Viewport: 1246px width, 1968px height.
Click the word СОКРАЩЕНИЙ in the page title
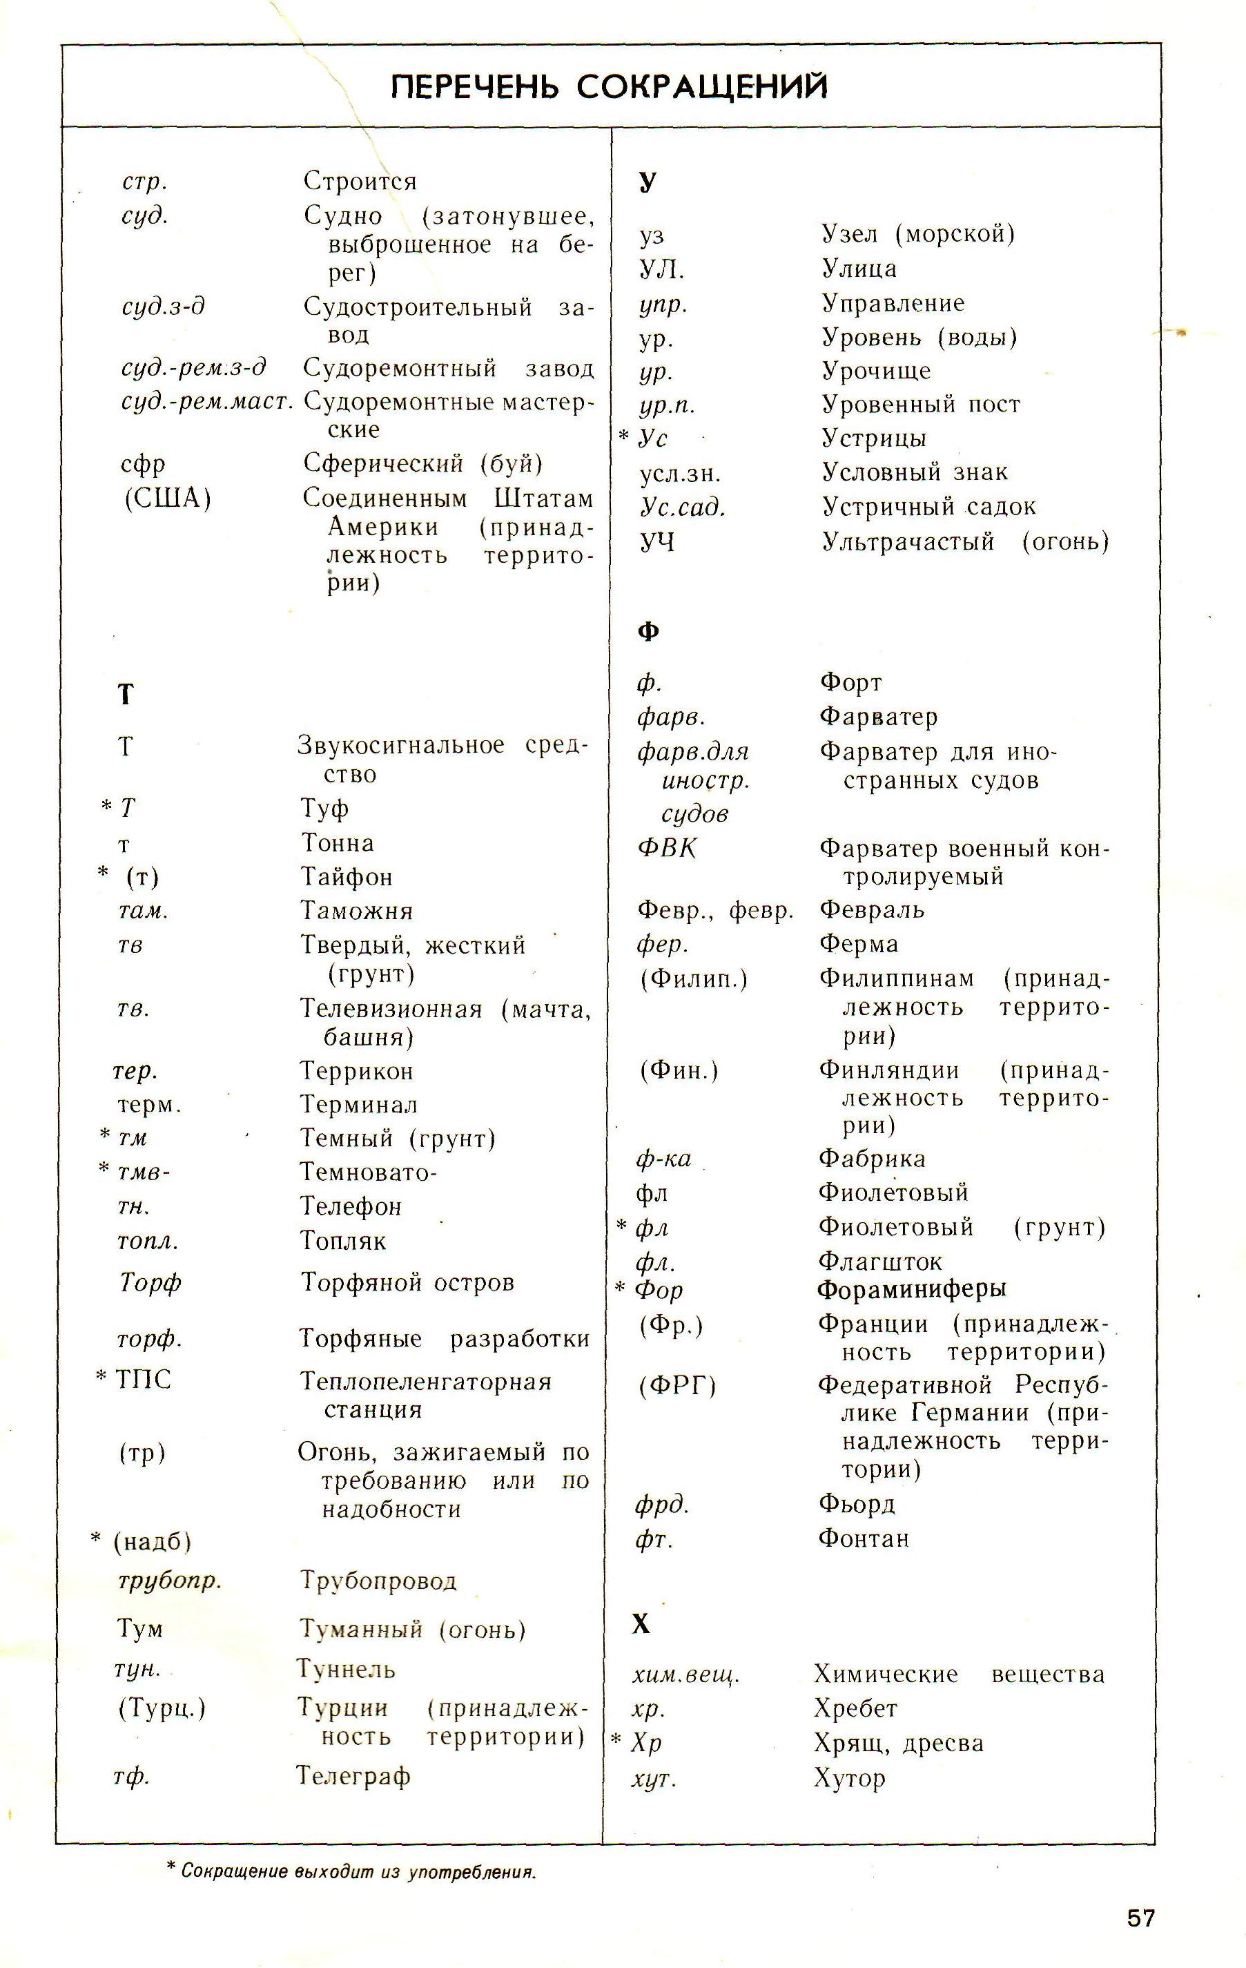702,86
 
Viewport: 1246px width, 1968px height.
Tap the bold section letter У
647,182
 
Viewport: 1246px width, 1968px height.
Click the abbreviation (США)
168,498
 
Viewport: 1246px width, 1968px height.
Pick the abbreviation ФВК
667,849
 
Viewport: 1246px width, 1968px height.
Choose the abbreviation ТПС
144,1380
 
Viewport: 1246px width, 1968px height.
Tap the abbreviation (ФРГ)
677,1385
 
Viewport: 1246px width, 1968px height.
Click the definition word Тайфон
347,877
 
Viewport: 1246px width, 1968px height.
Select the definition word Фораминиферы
912,1289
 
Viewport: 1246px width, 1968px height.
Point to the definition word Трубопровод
378,1581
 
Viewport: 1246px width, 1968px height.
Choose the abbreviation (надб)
152,1541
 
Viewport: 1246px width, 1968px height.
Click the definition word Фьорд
856,1504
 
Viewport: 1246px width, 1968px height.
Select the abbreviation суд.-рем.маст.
206,401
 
